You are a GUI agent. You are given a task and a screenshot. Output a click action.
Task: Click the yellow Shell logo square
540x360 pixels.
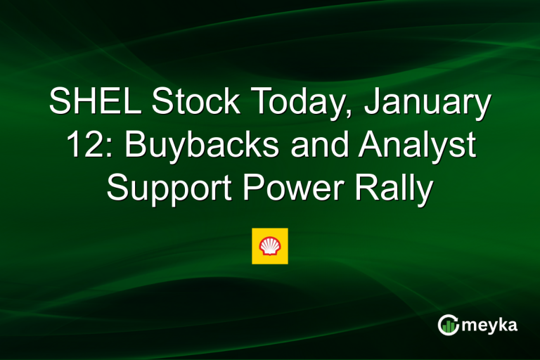[x=270, y=246]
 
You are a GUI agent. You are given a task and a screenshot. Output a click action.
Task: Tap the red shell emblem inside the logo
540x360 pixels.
[x=270, y=246]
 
